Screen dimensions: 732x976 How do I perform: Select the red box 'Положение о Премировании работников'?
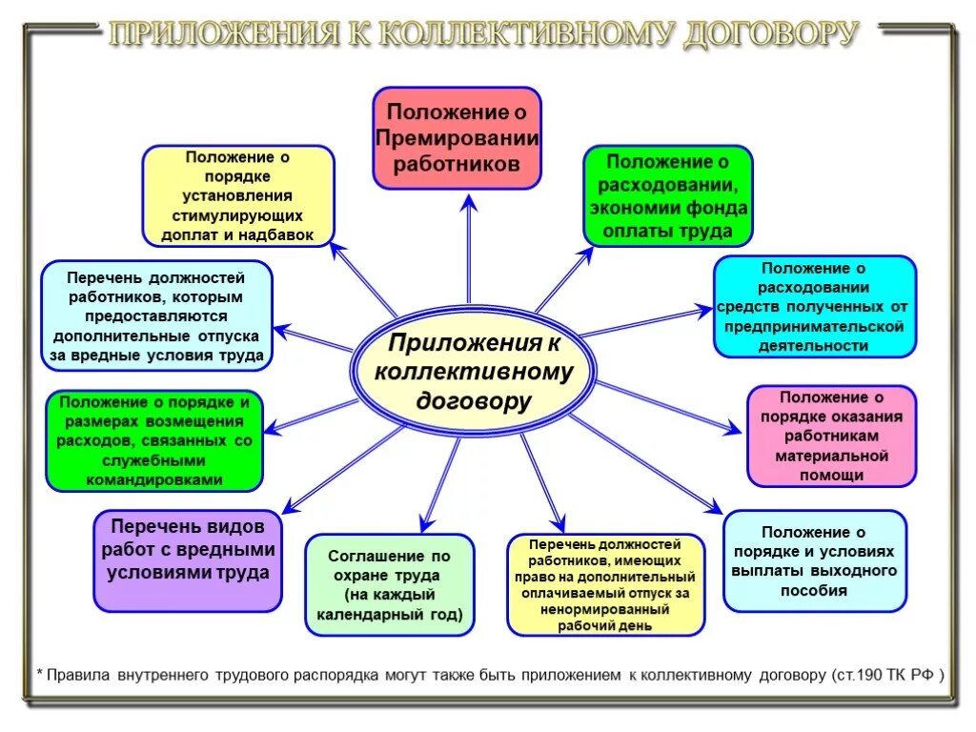[457, 137]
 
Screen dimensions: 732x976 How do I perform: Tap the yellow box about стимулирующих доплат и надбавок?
[238, 196]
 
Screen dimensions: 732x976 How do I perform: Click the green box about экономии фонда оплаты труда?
[667, 196]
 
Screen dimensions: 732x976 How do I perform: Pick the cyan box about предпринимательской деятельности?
[814, 306]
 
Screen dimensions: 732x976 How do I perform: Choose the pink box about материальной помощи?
[831, 436]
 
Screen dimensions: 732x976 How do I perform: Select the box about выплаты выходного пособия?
[814, 561]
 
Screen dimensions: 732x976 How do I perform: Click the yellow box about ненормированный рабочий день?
[606, 584]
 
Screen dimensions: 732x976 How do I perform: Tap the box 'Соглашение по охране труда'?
[389, 584]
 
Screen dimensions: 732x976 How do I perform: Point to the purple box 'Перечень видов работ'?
[188, 561]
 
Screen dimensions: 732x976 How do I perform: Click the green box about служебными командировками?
[154, 440]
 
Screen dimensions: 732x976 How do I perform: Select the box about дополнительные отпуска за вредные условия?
[157, 315]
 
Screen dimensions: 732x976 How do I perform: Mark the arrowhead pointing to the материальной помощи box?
[733, 431]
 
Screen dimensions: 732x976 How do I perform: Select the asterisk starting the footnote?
[40, 674]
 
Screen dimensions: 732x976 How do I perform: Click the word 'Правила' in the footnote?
[79, 675]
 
